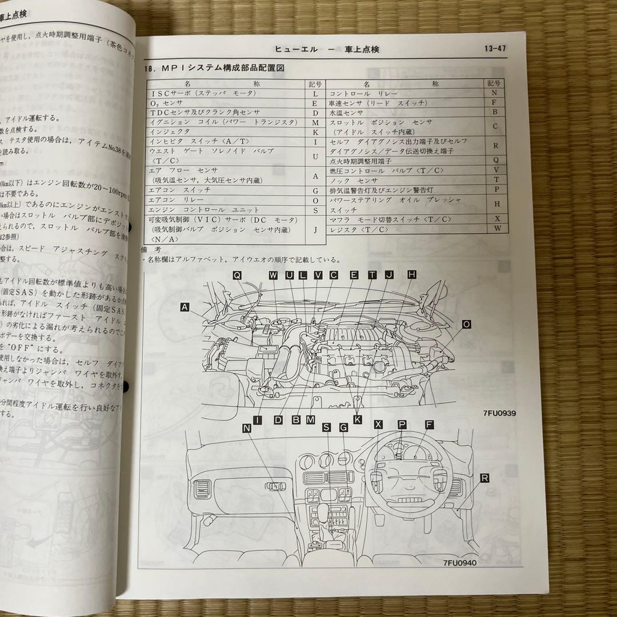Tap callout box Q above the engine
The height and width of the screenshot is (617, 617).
point(238,275)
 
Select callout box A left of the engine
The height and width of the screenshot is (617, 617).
point(185,307)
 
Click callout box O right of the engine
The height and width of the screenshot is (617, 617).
point(466,324)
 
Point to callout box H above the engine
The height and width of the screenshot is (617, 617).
point(411,275)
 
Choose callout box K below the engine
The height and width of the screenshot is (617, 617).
point(358,419)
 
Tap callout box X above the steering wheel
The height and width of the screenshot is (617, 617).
point(378,424)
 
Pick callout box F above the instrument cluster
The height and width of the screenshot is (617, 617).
point(428,424)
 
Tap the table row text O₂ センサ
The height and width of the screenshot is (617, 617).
point(166,103)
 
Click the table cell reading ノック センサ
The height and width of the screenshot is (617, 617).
point(349,180)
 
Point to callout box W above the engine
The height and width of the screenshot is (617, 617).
point(273,275)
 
